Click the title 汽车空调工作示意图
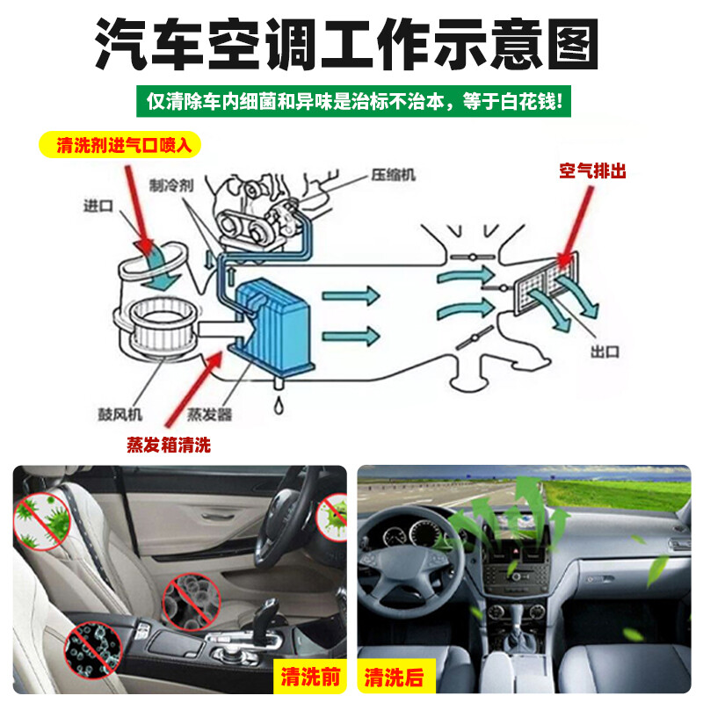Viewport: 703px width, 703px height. click(351, 43)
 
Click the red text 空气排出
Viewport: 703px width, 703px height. click(593, 171)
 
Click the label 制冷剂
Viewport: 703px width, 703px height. click(166, 185)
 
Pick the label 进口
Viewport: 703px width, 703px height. click(99, 207)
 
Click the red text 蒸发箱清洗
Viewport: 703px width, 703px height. click(169, 445)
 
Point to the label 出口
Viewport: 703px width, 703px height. click(605, 351)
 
